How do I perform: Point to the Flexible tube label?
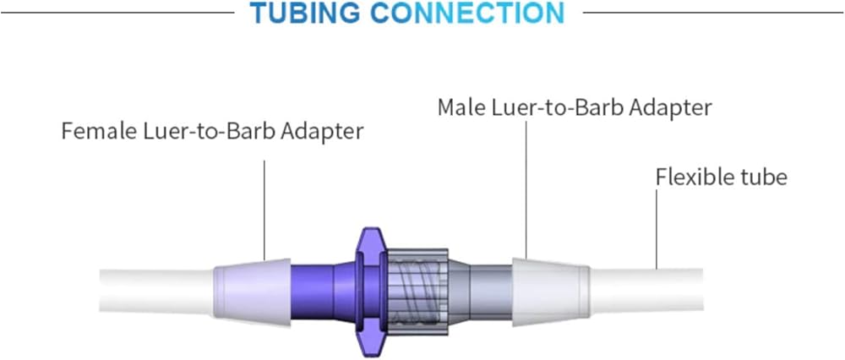click(x=721, y=177)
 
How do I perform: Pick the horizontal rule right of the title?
click(x=710, y=13)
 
